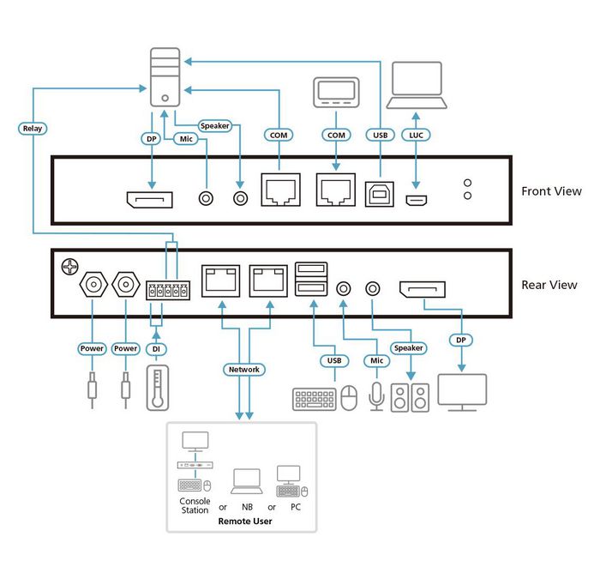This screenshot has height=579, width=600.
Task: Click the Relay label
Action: point(32,129)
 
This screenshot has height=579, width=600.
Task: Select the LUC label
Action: point(417,135)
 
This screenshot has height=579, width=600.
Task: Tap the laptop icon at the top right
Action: point(417,87)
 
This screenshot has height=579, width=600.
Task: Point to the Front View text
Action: point(551,191)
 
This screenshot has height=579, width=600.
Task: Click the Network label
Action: point(243,370)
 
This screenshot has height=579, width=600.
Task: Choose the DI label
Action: point(155,349)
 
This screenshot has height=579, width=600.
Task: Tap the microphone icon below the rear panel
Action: point(375,395)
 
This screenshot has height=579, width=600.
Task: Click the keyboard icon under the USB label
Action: point(314,399)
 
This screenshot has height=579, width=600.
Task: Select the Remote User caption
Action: point(244,521)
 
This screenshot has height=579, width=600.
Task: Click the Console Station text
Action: point(195,506)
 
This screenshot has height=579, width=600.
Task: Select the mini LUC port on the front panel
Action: point(417,201)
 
